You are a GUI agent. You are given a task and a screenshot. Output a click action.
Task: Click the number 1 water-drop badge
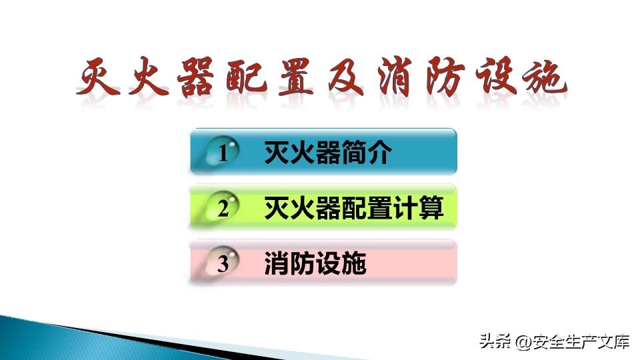coord(221,151)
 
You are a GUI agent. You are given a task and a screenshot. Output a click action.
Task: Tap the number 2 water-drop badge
coord(221,207)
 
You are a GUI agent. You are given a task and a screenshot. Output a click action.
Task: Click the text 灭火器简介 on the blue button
coord(328,152)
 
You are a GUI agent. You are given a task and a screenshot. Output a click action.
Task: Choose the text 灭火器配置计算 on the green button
coord(353,208)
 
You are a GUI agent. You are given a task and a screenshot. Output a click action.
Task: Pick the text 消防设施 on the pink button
coord(315,263)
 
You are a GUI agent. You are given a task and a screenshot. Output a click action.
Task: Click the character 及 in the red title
coord(347,76)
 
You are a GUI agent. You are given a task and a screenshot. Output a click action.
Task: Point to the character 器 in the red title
coord(196,76)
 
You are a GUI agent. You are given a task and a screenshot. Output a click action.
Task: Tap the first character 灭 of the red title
coord(98,76)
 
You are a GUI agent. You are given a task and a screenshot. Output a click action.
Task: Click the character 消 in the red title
coord(394,76)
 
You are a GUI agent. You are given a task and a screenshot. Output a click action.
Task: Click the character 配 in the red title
coord(247,76)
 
